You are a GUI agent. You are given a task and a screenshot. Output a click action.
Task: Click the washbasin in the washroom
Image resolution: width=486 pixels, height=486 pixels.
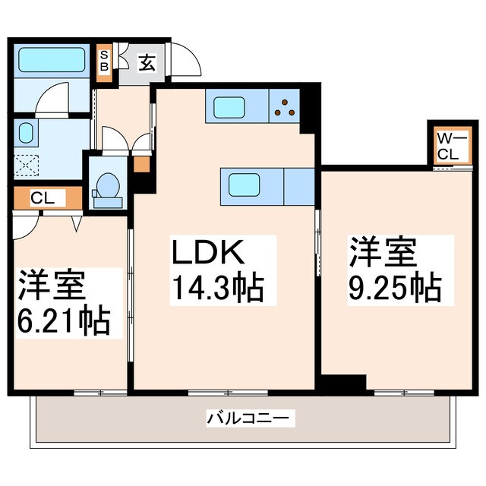tap(26, 134)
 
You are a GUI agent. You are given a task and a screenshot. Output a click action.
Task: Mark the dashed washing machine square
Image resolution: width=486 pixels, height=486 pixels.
tap(28, 164)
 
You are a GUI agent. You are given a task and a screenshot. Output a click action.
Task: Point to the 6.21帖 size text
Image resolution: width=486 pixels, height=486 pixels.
tap(64, 321)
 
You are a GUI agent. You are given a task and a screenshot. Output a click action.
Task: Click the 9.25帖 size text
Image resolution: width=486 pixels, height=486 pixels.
tap(395, 287)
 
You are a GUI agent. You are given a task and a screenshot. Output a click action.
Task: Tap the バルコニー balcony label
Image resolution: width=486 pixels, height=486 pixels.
tap(248, 418)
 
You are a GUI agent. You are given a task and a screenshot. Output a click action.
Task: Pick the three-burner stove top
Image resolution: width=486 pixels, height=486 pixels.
tap(286, 108)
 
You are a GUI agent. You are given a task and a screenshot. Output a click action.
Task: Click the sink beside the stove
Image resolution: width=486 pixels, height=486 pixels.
tap(229, 108)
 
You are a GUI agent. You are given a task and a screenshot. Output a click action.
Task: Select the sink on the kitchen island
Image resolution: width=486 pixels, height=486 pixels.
tap(245, 185)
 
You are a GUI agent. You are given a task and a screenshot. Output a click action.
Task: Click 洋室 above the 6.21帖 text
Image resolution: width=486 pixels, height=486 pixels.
tap(51, 286)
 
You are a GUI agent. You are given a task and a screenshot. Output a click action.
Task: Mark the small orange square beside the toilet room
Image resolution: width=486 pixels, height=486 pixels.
tap(141, 163)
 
